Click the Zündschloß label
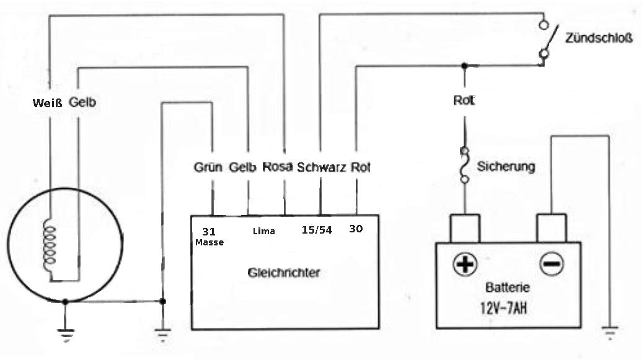tap(598, 38)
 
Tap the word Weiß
tap(47, 103)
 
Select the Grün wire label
tap(208, 167)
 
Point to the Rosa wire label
tap(278, 167)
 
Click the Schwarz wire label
tap(321, 167)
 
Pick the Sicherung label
tap(506, 167)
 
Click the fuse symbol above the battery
tap(464, 165)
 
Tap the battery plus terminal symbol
tap(464, 263)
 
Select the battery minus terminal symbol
tap(551, 263)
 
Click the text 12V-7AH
tap(503, 308)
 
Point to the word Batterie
tap(507, 287)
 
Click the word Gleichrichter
tap(284, 273)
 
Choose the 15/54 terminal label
tap(317, 230)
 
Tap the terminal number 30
tap(356, 229)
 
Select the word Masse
tap(210, 243)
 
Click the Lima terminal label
tap(263, 231)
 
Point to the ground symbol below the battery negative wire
tap(610, 333)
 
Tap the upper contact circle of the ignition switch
tap(544, 25)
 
